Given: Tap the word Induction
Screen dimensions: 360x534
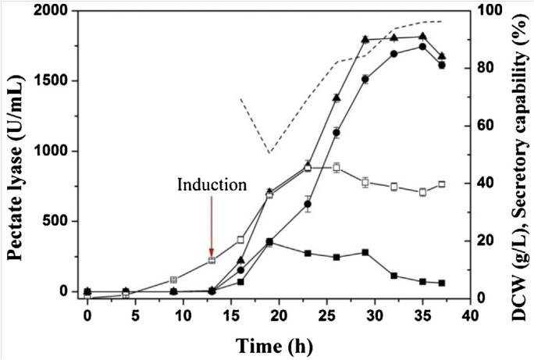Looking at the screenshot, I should [212, 186].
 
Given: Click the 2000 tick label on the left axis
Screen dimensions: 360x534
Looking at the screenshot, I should [60, 11].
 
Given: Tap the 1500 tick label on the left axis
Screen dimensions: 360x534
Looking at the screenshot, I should [60, 81].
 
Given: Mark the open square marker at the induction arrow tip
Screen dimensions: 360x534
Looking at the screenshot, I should [212, 260].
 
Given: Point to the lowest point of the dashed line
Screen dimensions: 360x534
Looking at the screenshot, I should [269, 153].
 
